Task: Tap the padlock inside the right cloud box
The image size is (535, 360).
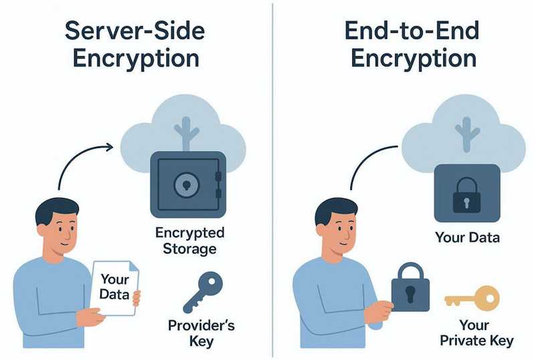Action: point(467,195)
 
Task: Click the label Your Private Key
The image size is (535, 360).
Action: point(477,334)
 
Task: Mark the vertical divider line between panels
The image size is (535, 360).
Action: point(273,181)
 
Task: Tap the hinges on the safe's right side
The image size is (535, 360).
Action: point(218,184)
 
